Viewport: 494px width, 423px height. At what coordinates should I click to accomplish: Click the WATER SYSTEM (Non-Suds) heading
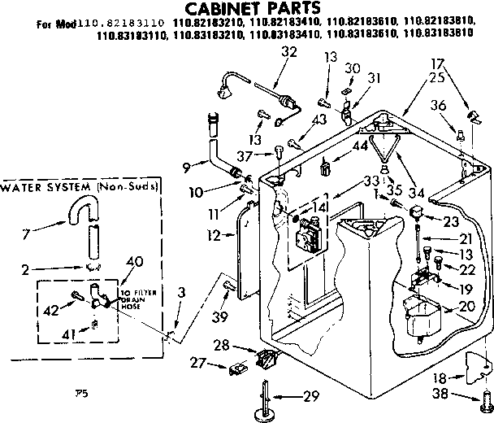[x=80, y=187]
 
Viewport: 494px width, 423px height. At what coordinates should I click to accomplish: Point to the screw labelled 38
[x=486, y=399]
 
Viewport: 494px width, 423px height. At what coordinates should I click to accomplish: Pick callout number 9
[x=188, y=168]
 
